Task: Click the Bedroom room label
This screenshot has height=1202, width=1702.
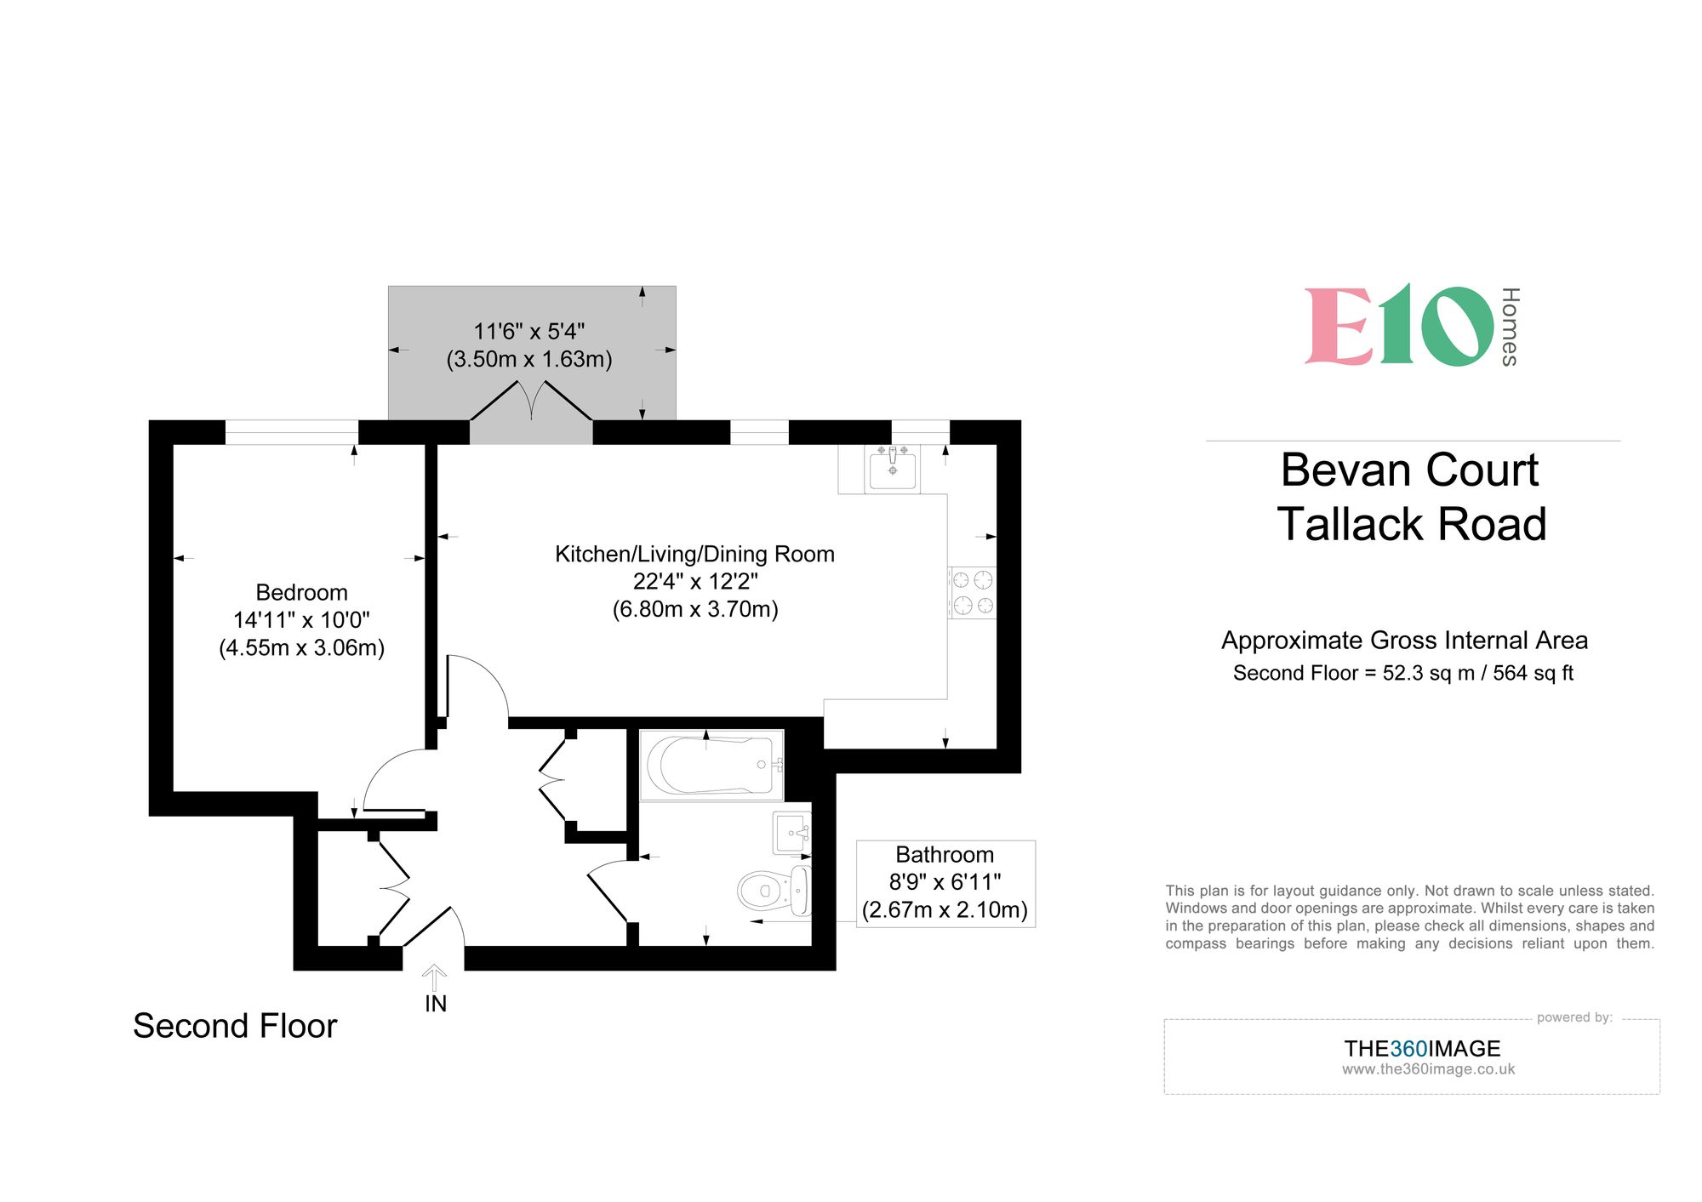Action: coord(301,592)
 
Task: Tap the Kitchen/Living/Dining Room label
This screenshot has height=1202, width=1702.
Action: coord(694,554)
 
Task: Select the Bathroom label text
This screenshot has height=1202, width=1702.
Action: coord(945,855)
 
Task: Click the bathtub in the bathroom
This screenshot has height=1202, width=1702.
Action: coord(711,765)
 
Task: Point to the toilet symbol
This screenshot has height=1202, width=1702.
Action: coord(773,891)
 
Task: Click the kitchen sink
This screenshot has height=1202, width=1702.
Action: coord(892,468)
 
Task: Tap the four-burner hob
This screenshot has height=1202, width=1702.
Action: coord(973,593)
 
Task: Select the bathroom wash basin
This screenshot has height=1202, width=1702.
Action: coord(791,833)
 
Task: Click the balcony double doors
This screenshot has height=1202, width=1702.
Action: coord(531,402)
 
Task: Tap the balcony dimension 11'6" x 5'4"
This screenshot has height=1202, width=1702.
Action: coord(529,331)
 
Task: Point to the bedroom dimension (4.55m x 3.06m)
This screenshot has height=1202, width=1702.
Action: coord(301,648)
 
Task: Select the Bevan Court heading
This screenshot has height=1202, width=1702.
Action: coord(1409,470)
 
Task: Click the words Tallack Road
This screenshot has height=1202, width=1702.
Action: coord(1411,524)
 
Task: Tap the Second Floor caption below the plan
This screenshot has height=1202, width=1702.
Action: coord(235,1026)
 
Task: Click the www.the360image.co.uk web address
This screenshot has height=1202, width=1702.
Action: coord(1428,1069)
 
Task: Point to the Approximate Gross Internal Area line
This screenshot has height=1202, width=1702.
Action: coord(1404,640)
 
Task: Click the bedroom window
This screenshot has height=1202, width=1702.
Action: coord(292,432)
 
